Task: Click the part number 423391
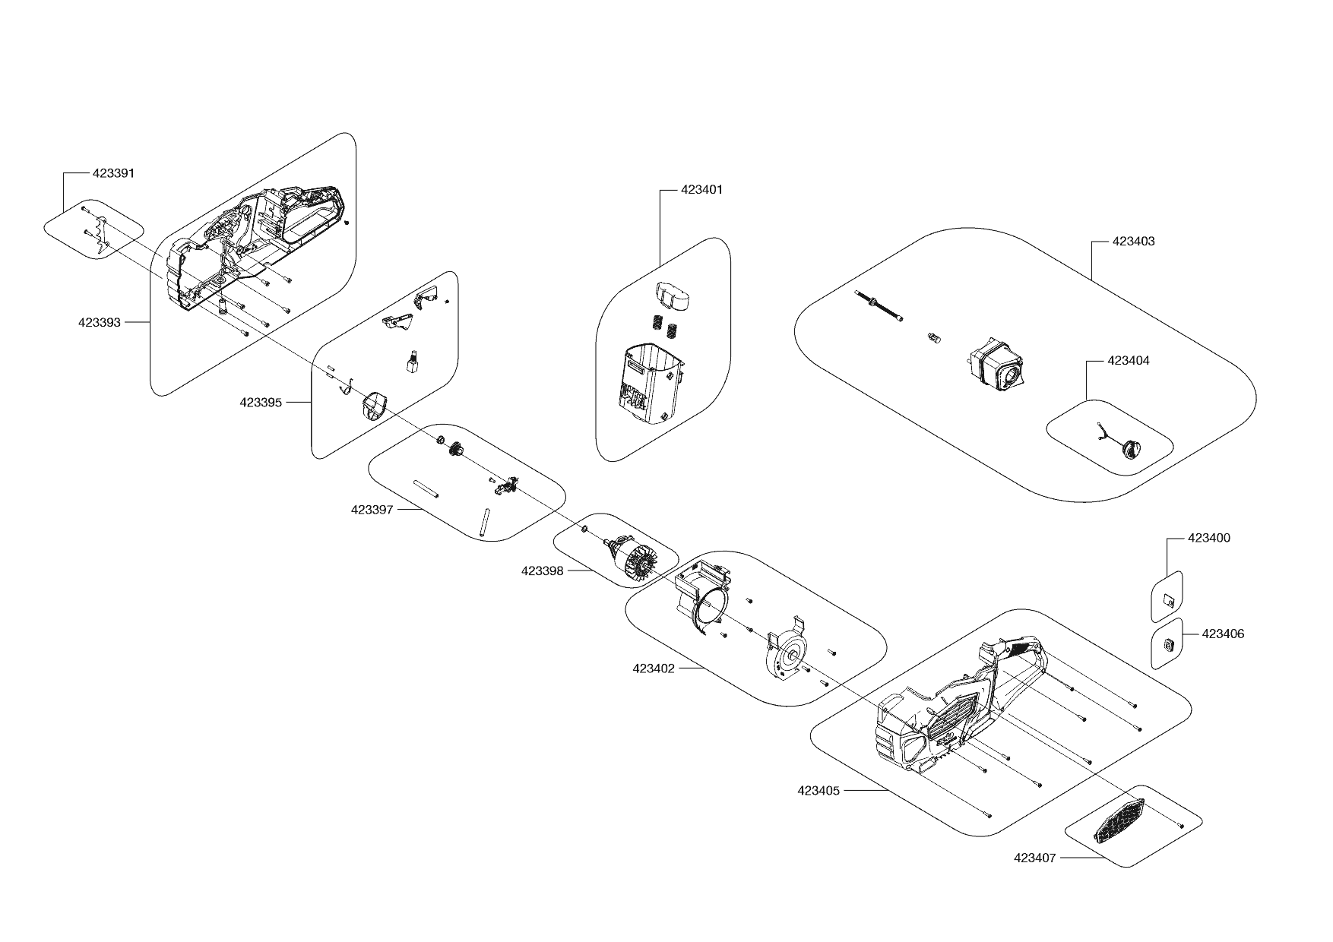[113, 173]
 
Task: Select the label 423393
[99, 322]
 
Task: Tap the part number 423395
[261, 403]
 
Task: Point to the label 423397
[372, 510]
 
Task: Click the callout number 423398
[542, 571]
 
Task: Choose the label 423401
[701, 190]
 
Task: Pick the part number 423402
[653, 669]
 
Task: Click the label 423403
[1133, 242]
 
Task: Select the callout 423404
[1129, 361]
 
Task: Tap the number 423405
[818, 791]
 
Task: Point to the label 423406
[1224, 634]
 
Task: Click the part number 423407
[1034, 858]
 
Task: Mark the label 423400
[1209, 538]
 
